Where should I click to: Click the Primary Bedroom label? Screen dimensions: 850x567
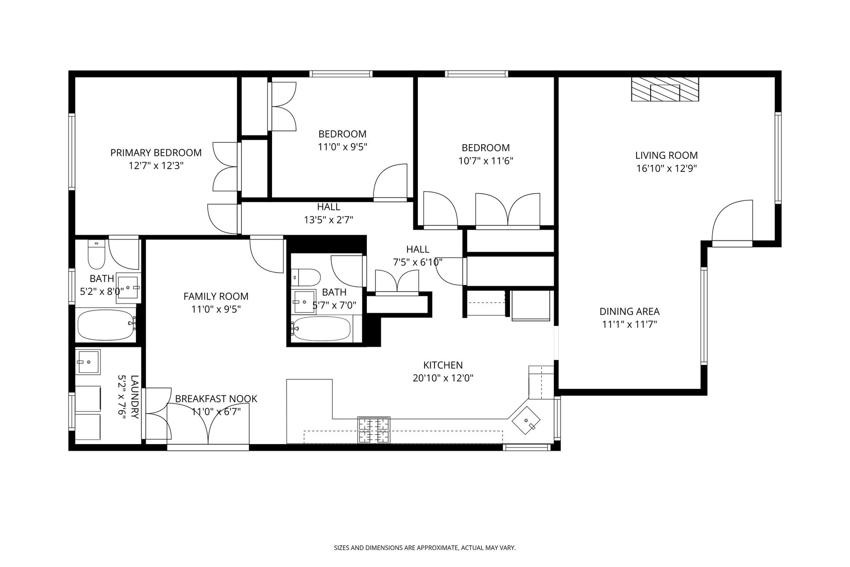156,153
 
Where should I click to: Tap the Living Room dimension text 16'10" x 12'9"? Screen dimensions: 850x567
666,168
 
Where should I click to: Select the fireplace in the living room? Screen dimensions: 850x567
665,89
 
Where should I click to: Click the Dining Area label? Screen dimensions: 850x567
629,311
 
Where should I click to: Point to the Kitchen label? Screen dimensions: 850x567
443,365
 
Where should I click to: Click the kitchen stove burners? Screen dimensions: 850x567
374,430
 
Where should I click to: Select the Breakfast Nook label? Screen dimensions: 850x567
216,399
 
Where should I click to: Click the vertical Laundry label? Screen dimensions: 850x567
134,397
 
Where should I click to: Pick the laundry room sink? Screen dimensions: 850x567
88,362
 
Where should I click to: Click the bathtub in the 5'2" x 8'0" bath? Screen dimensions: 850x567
106,325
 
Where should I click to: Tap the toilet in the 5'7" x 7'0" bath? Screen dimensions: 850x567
306,277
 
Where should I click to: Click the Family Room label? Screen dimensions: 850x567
216,296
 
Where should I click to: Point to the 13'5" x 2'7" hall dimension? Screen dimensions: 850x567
329,220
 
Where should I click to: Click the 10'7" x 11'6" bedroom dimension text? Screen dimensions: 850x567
485,161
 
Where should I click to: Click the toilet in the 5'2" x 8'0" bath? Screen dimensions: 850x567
96,255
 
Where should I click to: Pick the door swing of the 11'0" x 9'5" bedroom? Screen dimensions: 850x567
390,181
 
